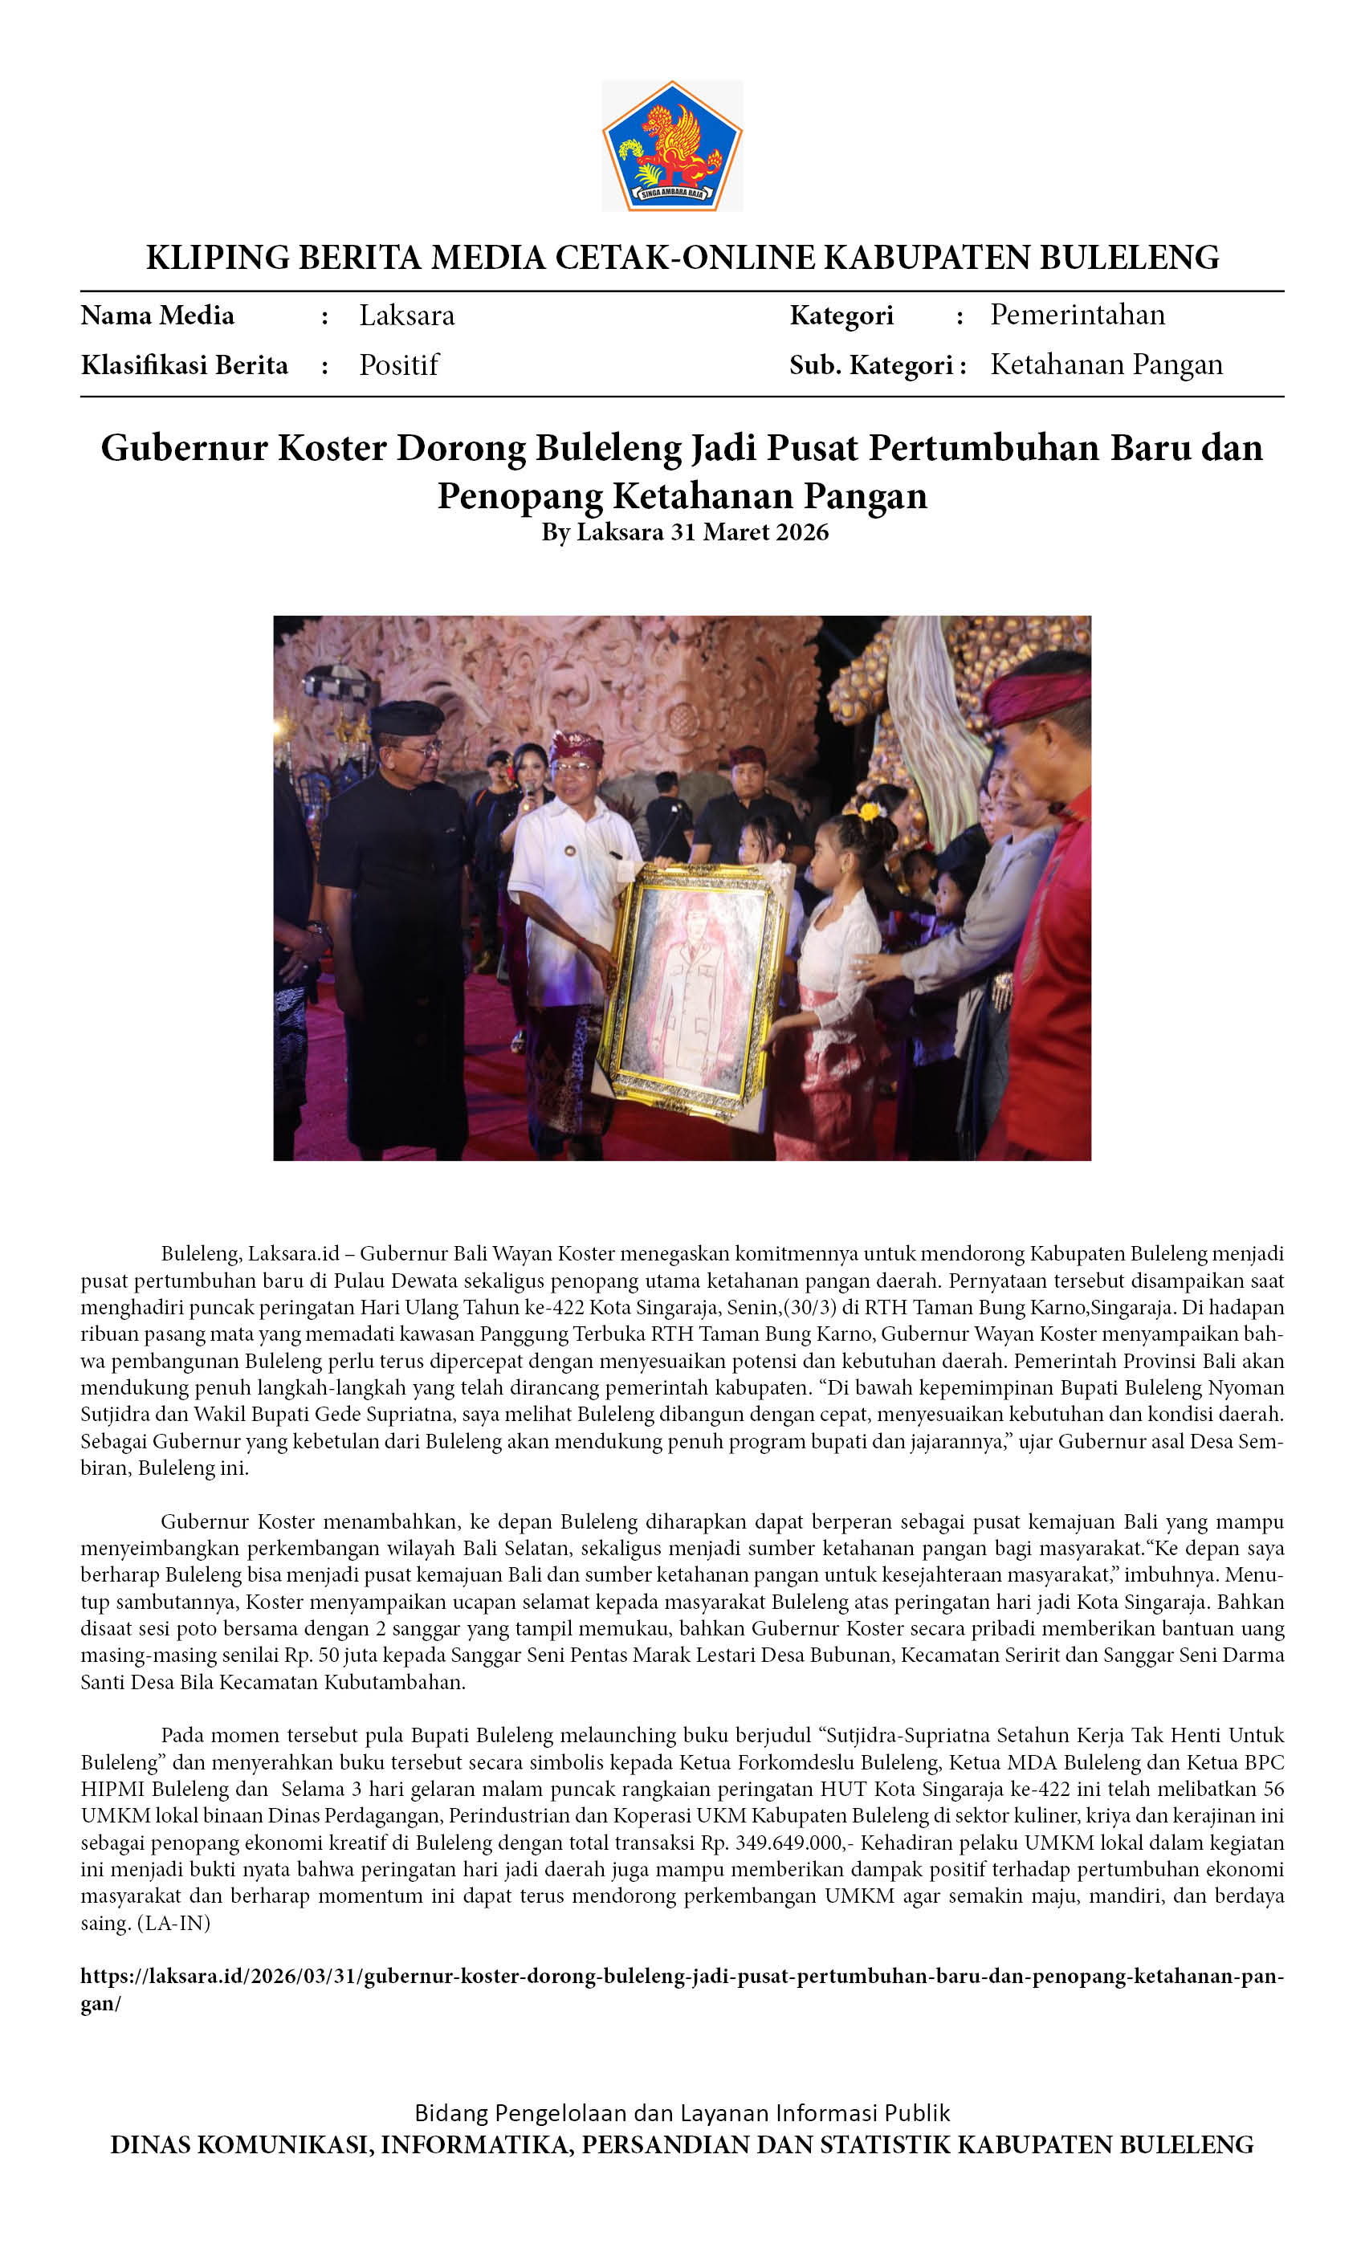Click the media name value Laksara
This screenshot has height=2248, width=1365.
tap(406, 316)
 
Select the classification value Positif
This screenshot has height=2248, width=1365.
tap(399, 365)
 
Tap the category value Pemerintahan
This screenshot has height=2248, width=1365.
tap(1077, 315)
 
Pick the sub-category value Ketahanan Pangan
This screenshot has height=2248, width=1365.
tap(1106, 365)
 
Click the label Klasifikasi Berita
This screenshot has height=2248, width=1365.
tap(185, 365)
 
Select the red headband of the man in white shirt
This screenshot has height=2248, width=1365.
tap(575, 747)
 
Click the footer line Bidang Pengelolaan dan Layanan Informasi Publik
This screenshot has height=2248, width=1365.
tap(682, 2113)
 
